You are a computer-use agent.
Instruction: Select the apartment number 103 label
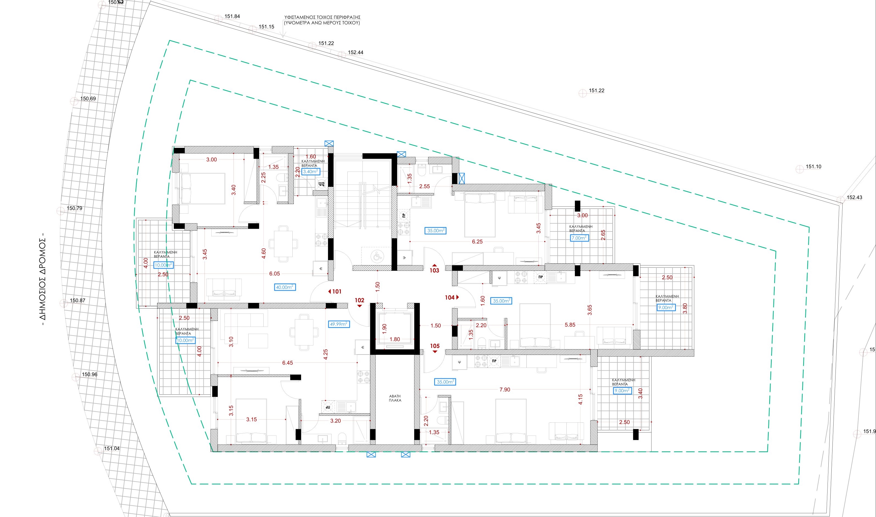click(434, 270)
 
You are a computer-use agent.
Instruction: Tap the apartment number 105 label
click(435, 346)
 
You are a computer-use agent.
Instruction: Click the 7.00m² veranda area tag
click(579, 238)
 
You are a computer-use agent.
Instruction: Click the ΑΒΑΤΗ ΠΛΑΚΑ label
click(395, 398)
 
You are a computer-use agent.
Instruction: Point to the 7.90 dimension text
click(505, 390)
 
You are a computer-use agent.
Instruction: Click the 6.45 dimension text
click(288, 363)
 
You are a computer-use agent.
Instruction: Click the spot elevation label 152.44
click(356, 53)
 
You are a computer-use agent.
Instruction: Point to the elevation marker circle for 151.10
click(800, 169)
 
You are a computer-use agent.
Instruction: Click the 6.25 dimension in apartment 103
click(477, 242)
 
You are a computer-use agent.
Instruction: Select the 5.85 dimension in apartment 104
click(570, 325)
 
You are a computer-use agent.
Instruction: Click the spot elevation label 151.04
click(112, 448)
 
